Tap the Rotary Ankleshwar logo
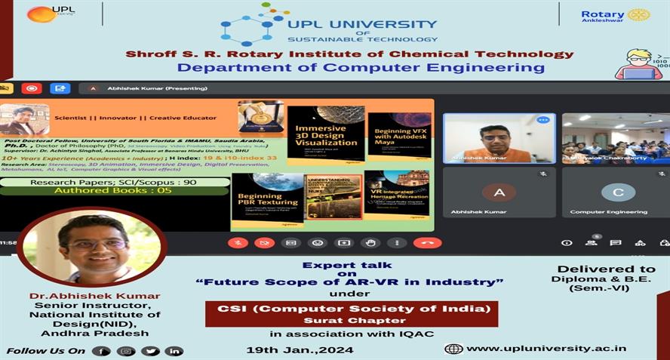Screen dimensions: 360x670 tap(615, 15)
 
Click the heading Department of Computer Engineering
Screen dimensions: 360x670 tap(361, 68)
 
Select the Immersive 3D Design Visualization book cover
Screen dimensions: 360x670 tap(325, 134)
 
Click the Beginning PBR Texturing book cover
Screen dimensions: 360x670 tap(267, 199)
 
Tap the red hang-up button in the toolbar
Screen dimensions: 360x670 tap(427, 243)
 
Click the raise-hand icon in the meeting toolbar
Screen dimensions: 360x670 tap(370, 243)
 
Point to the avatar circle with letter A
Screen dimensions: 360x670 tap(499, 192)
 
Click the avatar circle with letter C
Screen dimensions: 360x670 tap(618, 192)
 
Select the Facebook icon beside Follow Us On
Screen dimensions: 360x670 tap(101, 351)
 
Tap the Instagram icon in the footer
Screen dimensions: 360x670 tap(125, 351)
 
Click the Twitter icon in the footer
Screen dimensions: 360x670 tap(150, 351)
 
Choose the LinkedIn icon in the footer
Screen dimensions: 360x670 tap(174, 351)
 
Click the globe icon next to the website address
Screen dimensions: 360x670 tap(453, 349)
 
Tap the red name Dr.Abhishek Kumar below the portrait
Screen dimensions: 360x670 tap(94, 296)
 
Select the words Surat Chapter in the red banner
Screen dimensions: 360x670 tap(351, 320)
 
